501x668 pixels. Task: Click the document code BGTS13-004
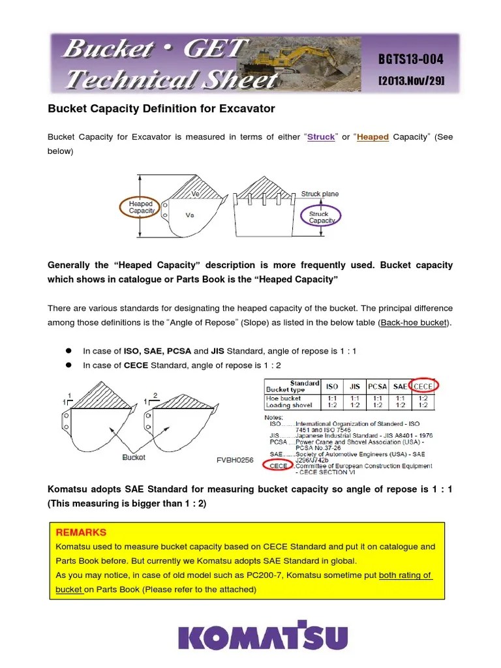pyautogui.click(x=410, y=59)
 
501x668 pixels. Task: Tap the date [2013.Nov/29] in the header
pyautogui.click(x=410, y=80)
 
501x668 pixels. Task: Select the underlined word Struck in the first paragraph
pyautogui.click(x=321, y=137)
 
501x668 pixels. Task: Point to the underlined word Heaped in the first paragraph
pyautogui.click(x=372, y=137)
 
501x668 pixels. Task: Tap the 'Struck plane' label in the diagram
pyautogui.click(x=320, y=194)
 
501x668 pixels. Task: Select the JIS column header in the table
pyautogui.click(x=356, y=386)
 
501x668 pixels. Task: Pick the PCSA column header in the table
pyautogui.click(x=377, y=386)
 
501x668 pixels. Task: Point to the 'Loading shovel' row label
pyautogui.click(x=289, y=405)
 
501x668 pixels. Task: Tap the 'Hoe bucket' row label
pyautogui.click(x=284, y=398)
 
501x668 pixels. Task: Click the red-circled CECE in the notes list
pyautogui.click(x=279, y=465)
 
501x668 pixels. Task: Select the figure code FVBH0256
pyautogui.click(x=235, y=460)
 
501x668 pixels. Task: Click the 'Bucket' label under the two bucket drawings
pyautogui.click(x=134, y=457)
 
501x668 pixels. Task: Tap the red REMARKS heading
pyautogui.click(x=82, y=532)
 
